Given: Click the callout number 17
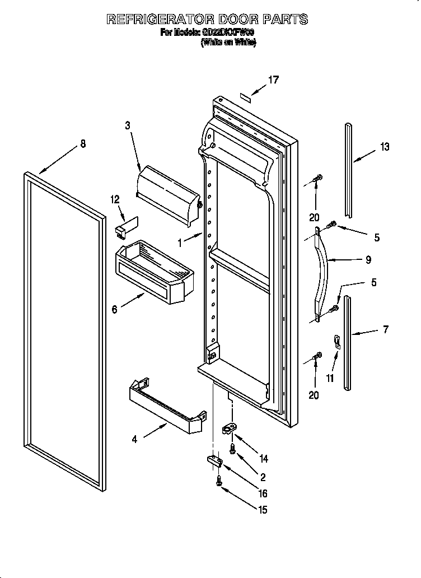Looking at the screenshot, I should [273, 80].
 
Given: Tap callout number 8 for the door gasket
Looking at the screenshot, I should [83, 144].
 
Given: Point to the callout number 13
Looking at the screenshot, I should [385, 147].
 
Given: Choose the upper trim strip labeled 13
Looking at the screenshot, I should [349, 168].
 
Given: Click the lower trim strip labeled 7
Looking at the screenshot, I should [349, 343].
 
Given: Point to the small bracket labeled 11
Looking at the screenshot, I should [337, 342].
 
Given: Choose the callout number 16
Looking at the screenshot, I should [262, 493].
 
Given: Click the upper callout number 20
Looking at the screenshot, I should [314, 217].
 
